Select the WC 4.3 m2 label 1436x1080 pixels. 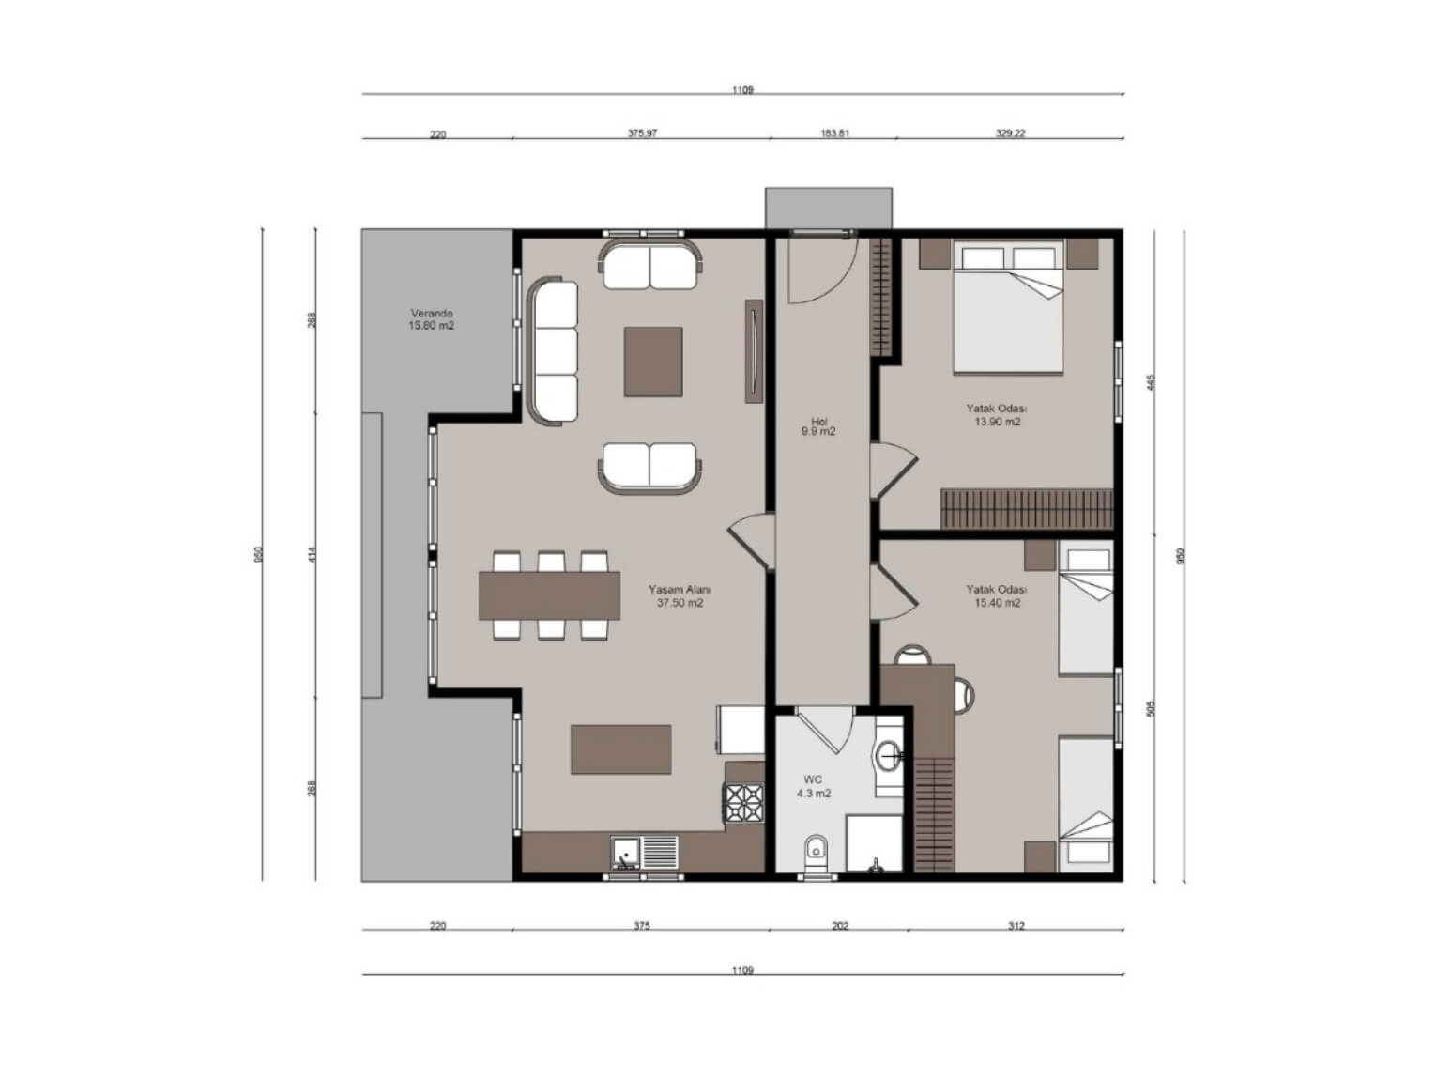click(x=813, y=786)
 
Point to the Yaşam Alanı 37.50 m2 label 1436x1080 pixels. click(x=680, y=595)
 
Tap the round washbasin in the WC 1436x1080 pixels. click(x=888, y=756)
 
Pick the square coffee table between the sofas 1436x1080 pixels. click(x=652, y=362)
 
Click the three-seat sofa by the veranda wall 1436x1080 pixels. click(x=552, y=351)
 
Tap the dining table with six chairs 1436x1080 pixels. click(x=549, y=595)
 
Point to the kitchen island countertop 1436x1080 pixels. click(x=620, y=749)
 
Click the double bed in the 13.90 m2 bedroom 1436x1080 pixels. click(x=1007, y=306)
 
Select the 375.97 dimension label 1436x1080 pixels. click(x=642, y=132)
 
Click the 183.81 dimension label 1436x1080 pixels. click(x=834, y=132)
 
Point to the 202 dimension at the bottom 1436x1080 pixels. click(x=839, y=926)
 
